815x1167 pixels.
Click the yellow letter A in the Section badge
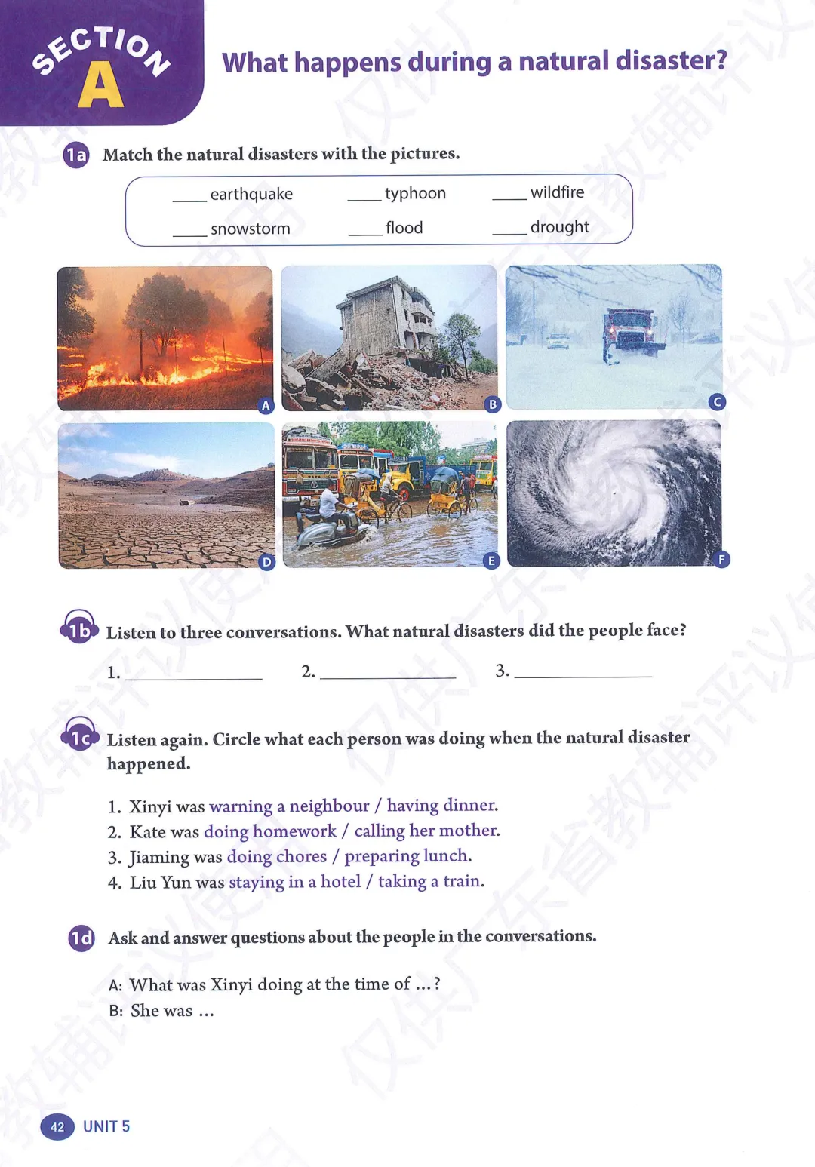100,85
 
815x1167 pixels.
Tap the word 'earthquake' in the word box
251,195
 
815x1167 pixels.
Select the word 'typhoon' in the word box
415,194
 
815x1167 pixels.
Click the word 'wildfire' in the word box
557,192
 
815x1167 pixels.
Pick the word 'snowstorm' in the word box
250,229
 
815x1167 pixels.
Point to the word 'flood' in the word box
404,228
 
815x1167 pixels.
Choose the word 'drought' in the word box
559,227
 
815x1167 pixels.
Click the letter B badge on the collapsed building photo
493,404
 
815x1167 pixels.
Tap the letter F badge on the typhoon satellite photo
721,559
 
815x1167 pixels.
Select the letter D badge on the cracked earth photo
266,562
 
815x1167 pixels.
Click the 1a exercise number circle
76,155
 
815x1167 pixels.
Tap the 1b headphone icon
79,628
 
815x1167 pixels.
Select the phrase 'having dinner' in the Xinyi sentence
441,806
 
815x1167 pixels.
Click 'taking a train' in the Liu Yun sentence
429,881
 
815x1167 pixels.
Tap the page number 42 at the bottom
57,1127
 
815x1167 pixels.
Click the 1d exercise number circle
81,938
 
